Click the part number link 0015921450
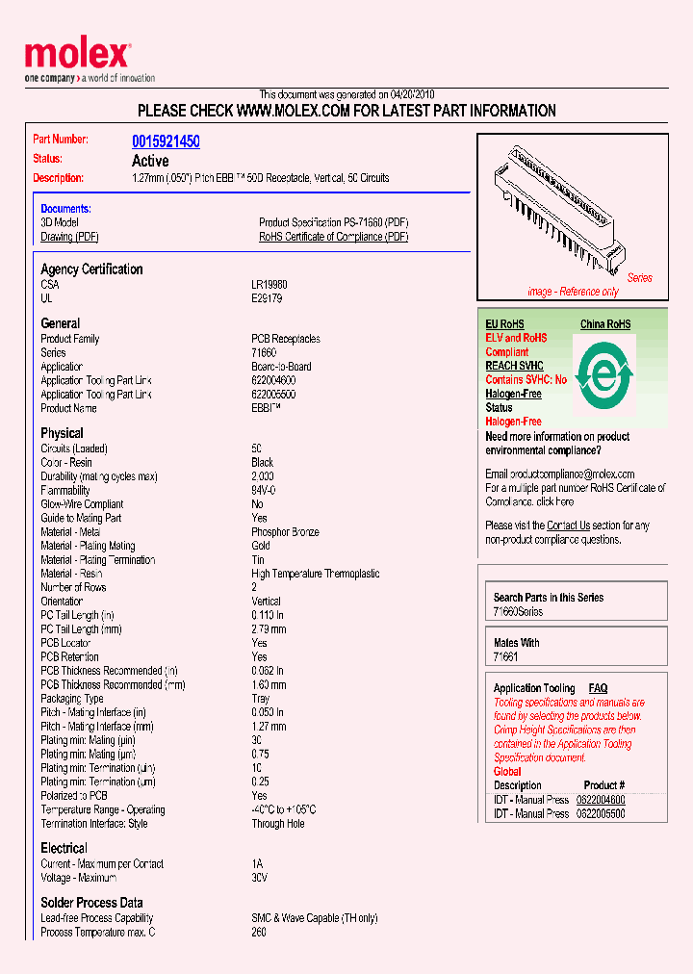coord(166,141)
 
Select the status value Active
coord(150,161)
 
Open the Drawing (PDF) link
coord(69,237)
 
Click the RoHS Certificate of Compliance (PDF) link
coord(333,237)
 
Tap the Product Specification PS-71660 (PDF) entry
coord(333,222)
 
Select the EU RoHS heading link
coord(504,324)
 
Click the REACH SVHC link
coord(514,366)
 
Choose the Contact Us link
coord(568,525)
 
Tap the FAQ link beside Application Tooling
coord(598,688)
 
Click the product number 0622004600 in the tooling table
coord(601,800)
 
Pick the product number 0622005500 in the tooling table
coord(601,813)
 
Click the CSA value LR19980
coord(269,285)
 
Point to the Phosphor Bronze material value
coord(285,532)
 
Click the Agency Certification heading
coord(91,269)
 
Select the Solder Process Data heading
coord(91,903)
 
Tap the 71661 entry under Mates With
coord(505,657)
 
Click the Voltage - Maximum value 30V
coord(259,878)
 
